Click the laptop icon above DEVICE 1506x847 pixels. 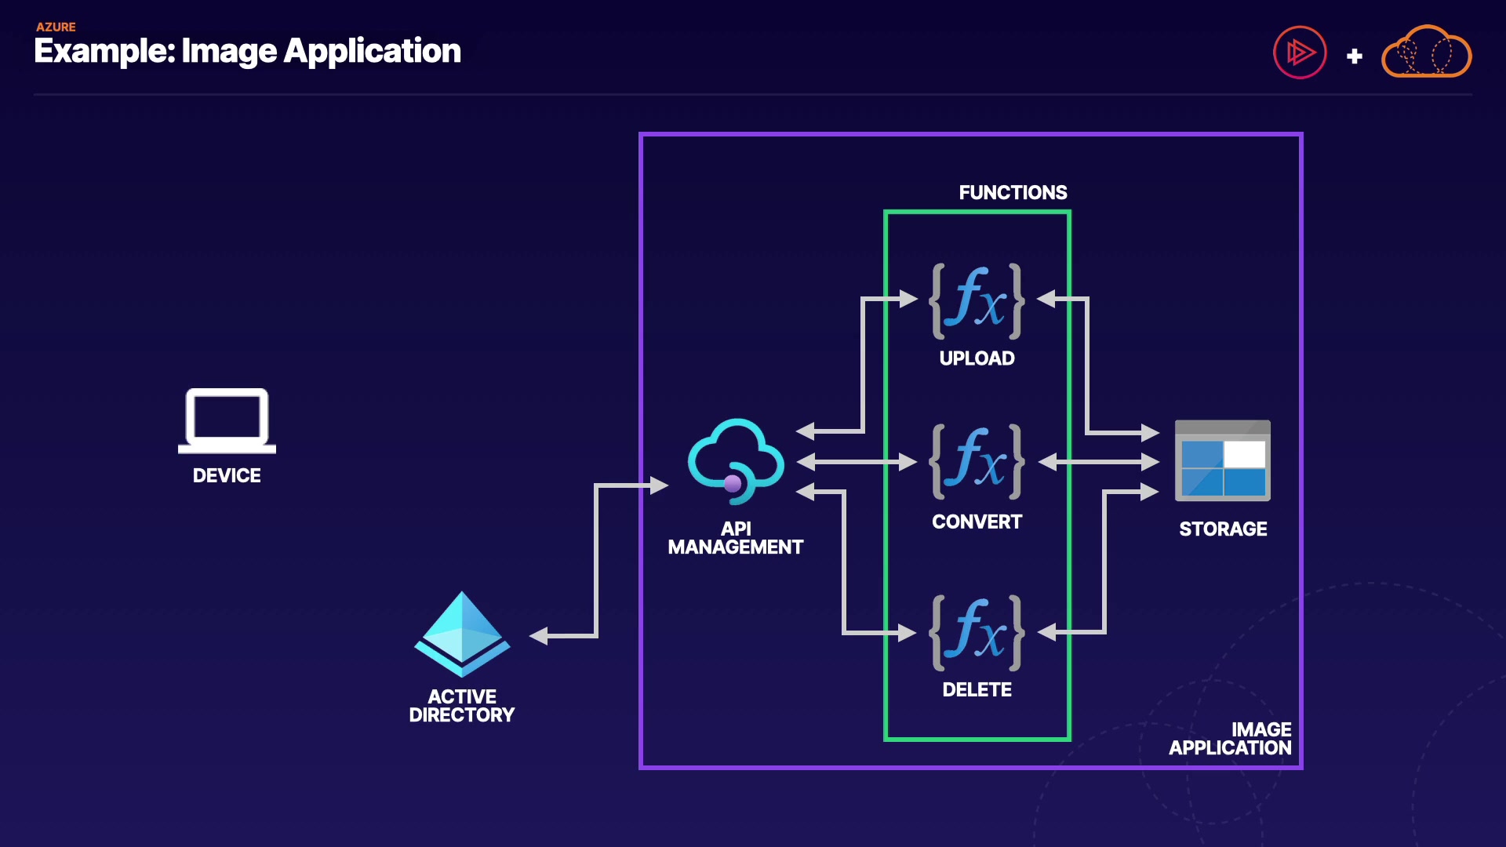[227, 420]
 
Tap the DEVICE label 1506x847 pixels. [227, 475]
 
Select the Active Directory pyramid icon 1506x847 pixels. [462, 634]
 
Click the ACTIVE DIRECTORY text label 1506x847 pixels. [462, 706]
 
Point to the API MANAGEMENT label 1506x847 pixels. [735, 538]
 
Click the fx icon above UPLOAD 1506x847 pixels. [977, 301]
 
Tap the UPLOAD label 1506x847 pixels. [977, 358]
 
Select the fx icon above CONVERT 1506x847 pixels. [977, 461]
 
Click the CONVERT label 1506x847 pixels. [977, 522]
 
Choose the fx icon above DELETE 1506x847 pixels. [977, 632]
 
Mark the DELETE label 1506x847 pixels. [977, 689]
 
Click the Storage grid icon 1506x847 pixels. [1222, 461]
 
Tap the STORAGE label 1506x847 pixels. [1223, 529]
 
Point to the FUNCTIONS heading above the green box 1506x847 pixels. [1013, 192]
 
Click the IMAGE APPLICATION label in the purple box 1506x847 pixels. [1231, 739]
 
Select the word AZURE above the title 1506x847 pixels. [56, 27]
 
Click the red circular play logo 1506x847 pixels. [1300, 53]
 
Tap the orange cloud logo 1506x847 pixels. [1426, 52]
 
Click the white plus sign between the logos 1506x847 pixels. [1354, 56]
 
